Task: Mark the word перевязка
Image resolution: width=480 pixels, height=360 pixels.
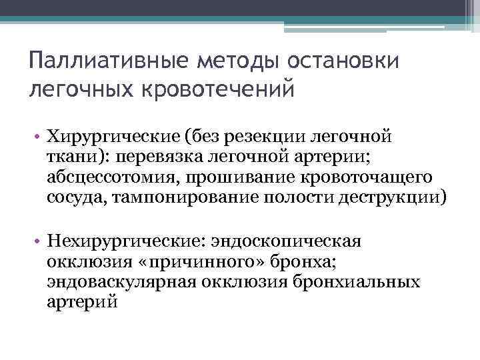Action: (x=183, y=158)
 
